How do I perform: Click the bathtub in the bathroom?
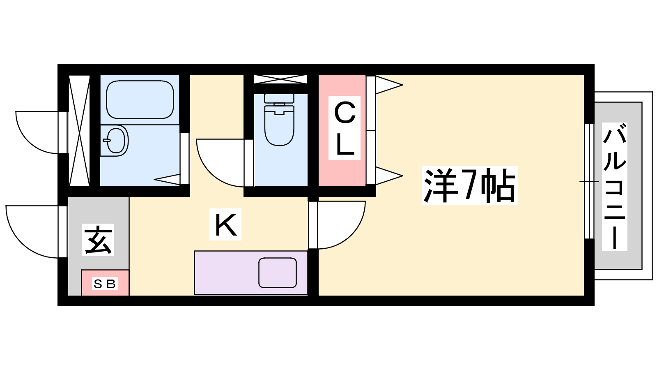click(x=140, y=99)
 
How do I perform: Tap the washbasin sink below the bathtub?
click(x=115, y=140)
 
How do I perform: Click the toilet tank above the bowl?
click(x=279, y=98)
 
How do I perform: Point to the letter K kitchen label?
click(x=225, y=224)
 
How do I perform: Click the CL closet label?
click(x=345, y=128)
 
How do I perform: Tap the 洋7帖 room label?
click(x=470, y=185)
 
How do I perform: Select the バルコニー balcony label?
click(x=614, y=187)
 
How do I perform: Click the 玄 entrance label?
click(x=98, y=240)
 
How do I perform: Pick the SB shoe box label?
click(x=105, y=284)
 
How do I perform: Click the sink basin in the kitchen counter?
click(x=278, y=273)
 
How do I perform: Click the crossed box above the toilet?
click(x=280, y=79)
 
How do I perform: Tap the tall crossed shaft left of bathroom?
click(x=79, y=131)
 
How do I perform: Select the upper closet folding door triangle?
click(x=389, y=85)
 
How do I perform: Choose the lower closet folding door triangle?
click(x=389, y=176)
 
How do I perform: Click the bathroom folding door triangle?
click(x=167, y=179)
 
